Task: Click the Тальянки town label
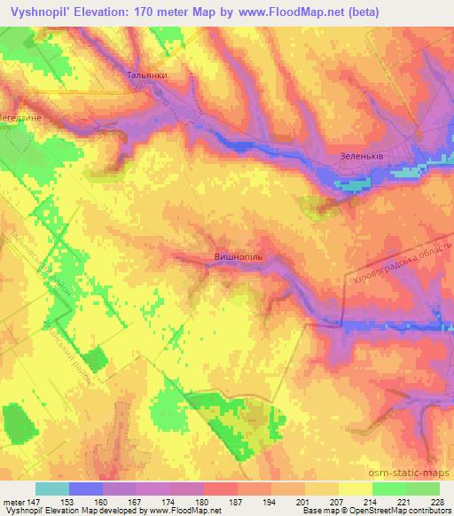click(147, 76)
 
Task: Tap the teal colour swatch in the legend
click(52, 488)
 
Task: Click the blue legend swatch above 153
click(86, 488)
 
